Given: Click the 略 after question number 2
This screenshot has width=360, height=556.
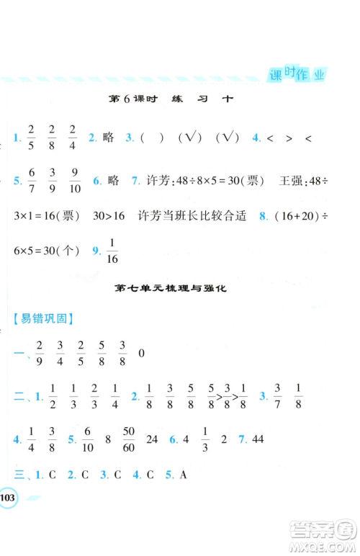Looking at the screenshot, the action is [x=109, y=138].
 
